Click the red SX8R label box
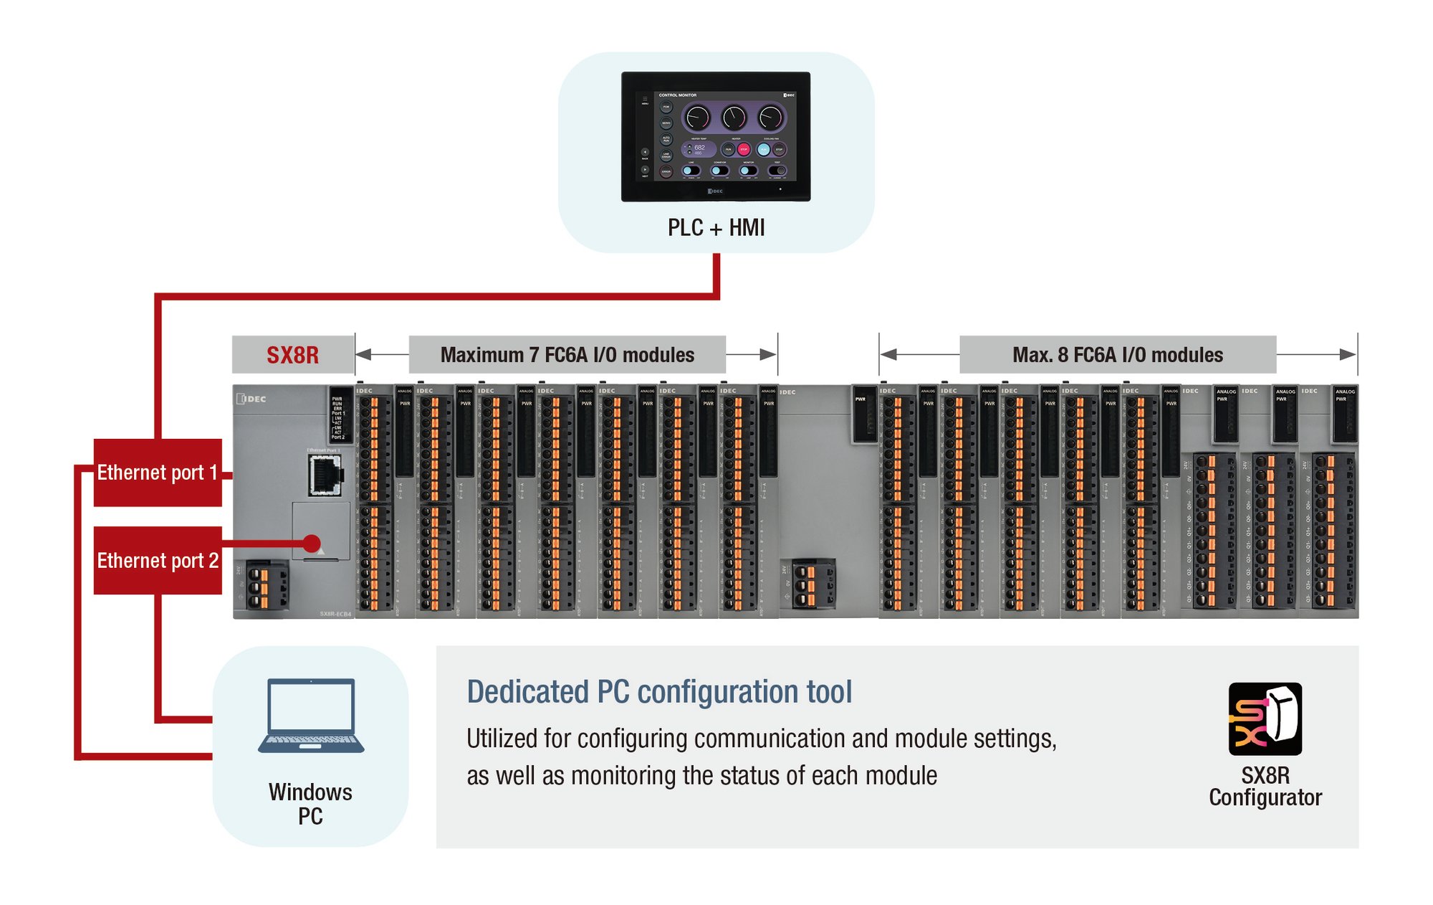pyautogui.click(x=293, y=355)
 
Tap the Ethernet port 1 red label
pyautogui.click(x=157, y=473)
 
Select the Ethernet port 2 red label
pyautogui.click(x=157, y=560)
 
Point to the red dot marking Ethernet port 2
pyautogui.click(x=312, y=543)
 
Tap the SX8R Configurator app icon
pyautogui.click(x=1265, y=719)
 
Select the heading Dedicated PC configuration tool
pyautogui.click(x=659, y=692)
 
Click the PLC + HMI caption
pyautogui.click(x=716, y=228)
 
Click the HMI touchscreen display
pyautogui.click(x=716, y=136)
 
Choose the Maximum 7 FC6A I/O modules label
pyautogui.click(x=567, y=355)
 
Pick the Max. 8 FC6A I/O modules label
pyautogui.click(x=1117, y=355)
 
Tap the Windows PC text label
pyautogui.click(x=310, y=804)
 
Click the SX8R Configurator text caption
pyautogui.click(x=1265, y=787)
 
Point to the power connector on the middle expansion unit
pyautogui.click(x=808, y=584)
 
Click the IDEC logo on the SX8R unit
pyautogui.click(x=252, y=399)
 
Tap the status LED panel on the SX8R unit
pyautogui.click(x=340, y=416)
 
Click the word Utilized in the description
pyautogui.click(x=502, y=739)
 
